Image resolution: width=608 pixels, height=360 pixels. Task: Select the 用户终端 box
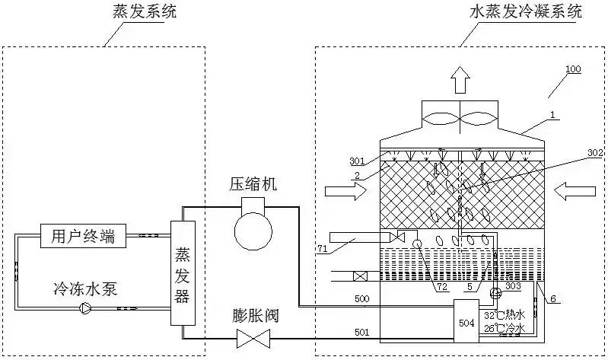pyautogui.click(x=78, y=236)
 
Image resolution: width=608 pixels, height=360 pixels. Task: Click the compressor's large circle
pyautogui.click(x=253, y=229)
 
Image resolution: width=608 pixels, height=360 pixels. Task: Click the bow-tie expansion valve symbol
pyautogui.click(x=253, y=337)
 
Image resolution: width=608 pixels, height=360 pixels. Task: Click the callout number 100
pyautogui.click(x=573, y=69)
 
